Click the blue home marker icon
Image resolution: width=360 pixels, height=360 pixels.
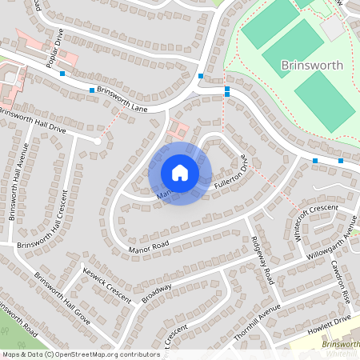[x=180, y=173]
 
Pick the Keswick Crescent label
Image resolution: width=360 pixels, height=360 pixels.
[x=106, y=283]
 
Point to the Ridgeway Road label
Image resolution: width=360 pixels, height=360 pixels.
[x=263, y=261]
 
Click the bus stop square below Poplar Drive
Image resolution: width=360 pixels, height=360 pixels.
[x=62, y=74]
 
